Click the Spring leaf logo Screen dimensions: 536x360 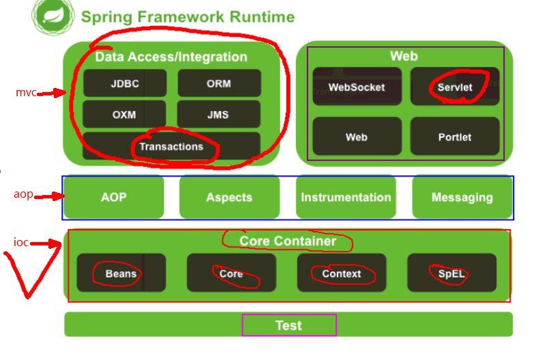[x=53, y=16]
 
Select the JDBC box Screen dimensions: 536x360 [x=125, y=83]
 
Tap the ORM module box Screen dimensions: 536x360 [x=219, y=83]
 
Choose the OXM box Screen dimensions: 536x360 [x=124, y=114]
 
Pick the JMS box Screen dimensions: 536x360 [x=218, y=114]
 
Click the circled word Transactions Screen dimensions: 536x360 [x=171, y=147]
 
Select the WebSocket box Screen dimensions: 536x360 [x=357, y=87]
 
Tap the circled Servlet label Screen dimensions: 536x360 [x=455, y=87]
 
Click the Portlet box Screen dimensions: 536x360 [x=455, y=136]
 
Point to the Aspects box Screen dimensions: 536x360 [x=229, y=197]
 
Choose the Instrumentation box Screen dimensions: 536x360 [x=346, y=197]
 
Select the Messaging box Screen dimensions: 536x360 [x=462, y=197]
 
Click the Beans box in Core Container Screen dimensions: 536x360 [x=121, y=273]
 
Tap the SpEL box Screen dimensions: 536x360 [x=452, y=273]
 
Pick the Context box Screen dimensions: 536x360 [x=342, y=273]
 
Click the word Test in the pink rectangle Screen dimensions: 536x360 [x=289, y=325]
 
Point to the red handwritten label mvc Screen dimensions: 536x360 [x=26, y=92]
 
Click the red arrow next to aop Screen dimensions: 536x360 [x=49, y=196]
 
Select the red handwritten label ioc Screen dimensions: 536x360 [x=20, y=242]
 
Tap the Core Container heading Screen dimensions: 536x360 [x=288, y=241]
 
